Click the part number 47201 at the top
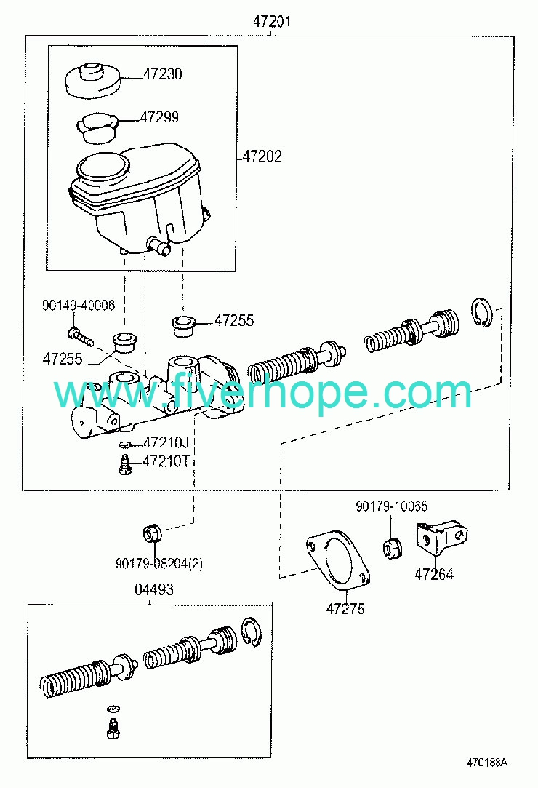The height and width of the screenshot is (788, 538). pyautogui.click(x=271, y=22)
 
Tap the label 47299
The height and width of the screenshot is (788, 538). pyautogui.click(x=159, y=116)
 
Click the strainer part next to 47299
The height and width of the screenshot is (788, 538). pyautogui.click(x=97, y=127)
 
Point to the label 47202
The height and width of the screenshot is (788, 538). pyautogui.click(x=262, y=156)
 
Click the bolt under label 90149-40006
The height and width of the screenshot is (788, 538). pyautogui.click(x=81, y=336)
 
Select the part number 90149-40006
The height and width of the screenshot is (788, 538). pyautogui.click(x=79, y=305)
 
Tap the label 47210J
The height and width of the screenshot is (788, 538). pyautogui.click(x=166, y=442)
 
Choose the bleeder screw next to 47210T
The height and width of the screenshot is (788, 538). pyautogui.click(x=124, y=463)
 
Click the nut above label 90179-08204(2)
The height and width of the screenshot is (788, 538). pyautogui.click(x=152, y=533)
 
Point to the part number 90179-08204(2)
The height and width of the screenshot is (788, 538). pyautogui.click(x=159, y=564)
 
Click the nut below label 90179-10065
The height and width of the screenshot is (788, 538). pyautogui.click(x=393, y=548)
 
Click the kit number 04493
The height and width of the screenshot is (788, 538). pyautogui.click(x=154, y=589)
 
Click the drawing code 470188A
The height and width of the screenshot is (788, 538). pyautogui.click(x=487, y=763)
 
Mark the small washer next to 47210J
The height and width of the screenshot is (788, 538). pyautogui.click(x=125, y=445)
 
